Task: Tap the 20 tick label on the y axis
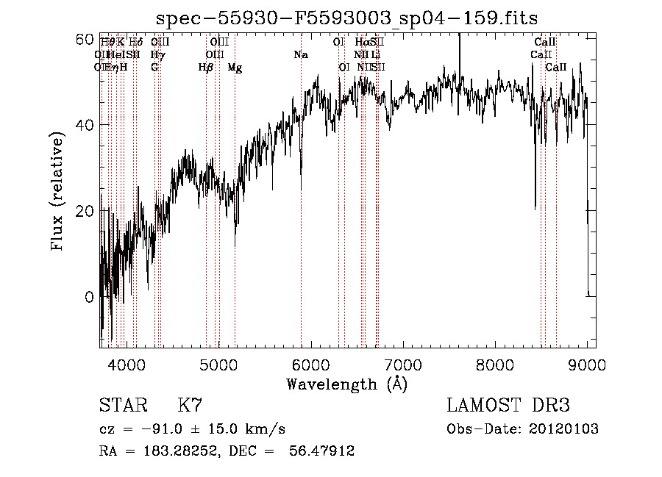coord(87,211)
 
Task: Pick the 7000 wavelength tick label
coord(402,364)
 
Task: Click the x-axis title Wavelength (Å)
coord(346,384)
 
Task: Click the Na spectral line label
coord(300,55)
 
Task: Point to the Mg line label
coord(235,68)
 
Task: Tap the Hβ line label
coord(205,68)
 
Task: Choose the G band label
coord(154,68)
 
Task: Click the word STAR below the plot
coord(123,406)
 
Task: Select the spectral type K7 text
coord(190,406)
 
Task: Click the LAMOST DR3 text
coord(508,406)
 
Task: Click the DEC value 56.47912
coord(324,451)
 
